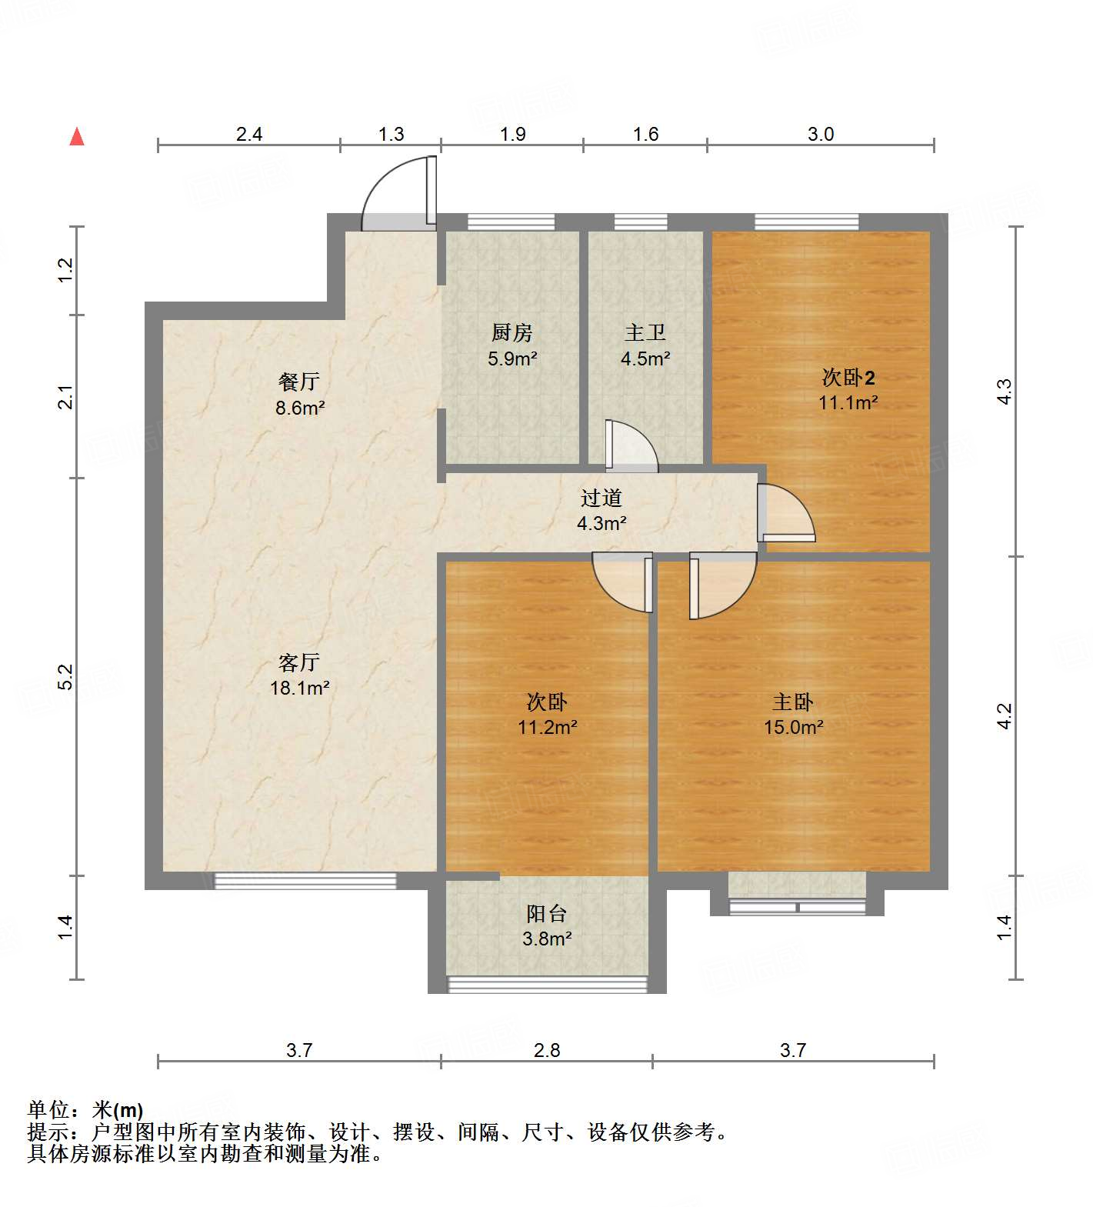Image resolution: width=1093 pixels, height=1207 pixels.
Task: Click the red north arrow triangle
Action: click(77, 137)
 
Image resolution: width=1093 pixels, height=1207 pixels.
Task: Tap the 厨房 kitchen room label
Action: click(512, 333)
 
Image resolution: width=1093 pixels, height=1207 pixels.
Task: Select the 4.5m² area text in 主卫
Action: click(645, 358)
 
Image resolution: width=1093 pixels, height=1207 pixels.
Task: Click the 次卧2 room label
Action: click(848, 378)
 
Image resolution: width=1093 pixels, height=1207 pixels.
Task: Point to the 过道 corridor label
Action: click(601, 498)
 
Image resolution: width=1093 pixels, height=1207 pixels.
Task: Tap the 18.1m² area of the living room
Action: click(299, 688)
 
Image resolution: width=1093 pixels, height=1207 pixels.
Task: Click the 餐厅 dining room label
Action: click(299, 382)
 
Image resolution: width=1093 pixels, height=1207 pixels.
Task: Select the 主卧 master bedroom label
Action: click(792, 702)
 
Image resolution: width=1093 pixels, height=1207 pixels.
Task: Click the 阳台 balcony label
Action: click(546, 914)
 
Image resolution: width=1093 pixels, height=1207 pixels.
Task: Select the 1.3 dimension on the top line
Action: click(391, 135)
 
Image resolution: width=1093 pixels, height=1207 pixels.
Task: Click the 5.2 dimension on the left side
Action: click(66, 676)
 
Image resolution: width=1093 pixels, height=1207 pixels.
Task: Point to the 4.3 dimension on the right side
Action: click(1005, 391)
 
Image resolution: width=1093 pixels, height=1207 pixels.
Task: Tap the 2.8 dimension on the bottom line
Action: click(547, 1050)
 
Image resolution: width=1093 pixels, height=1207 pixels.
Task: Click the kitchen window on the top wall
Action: click(511, 222)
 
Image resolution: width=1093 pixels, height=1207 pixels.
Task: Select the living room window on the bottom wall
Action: click(305, 881)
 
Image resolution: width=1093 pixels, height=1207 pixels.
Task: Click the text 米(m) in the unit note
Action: click(118, 1110)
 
